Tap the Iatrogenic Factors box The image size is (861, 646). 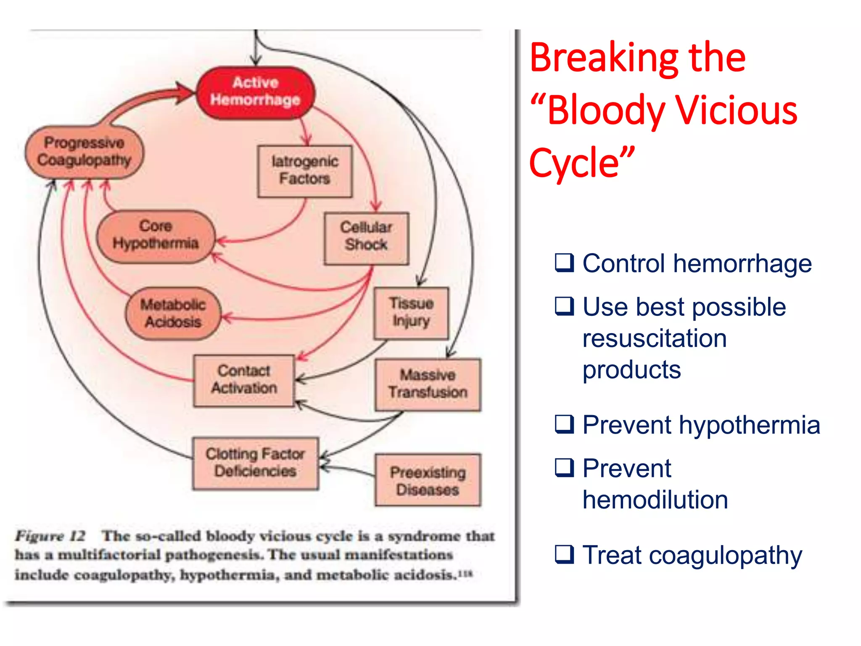tap(305, 171)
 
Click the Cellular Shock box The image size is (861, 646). tap(366, 238)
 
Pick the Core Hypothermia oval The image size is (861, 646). tap(156, 236)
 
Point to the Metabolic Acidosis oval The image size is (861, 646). tap(173, 314)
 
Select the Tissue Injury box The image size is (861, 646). tap(411, 313)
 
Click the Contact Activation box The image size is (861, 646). tap(244, 380)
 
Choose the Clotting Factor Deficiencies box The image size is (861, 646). tap(255, 463)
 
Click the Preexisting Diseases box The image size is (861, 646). tap(428, 480)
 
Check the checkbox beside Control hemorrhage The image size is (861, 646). tap(564, 263)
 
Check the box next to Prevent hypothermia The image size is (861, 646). tap(564, 424)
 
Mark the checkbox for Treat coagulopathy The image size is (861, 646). tap(564, 554)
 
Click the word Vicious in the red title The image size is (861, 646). tap(736, 110)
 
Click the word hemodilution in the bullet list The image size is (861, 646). tap(655, 500)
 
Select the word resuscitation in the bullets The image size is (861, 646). tap(654, 339)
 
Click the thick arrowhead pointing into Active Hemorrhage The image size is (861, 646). tap(185, 93)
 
